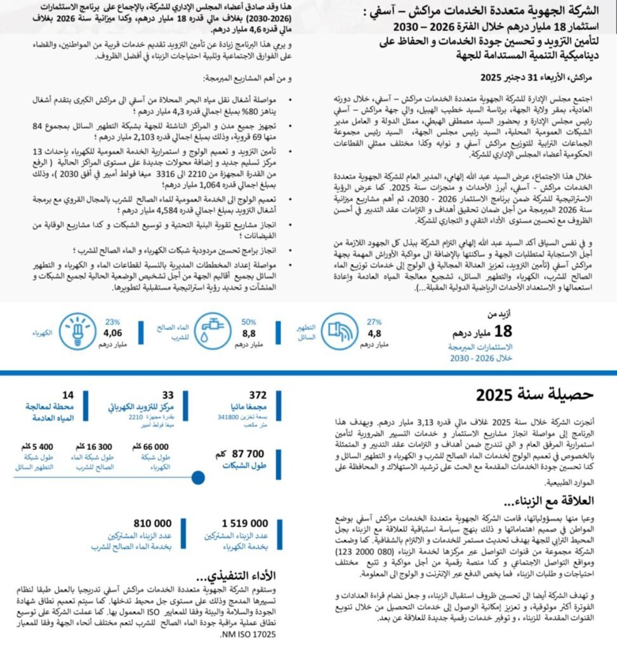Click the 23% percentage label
click(113, 321)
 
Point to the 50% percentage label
click(248, 322)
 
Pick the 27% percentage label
click(374, 322)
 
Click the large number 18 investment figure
click(502, 331)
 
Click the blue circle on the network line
click(198, 478)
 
